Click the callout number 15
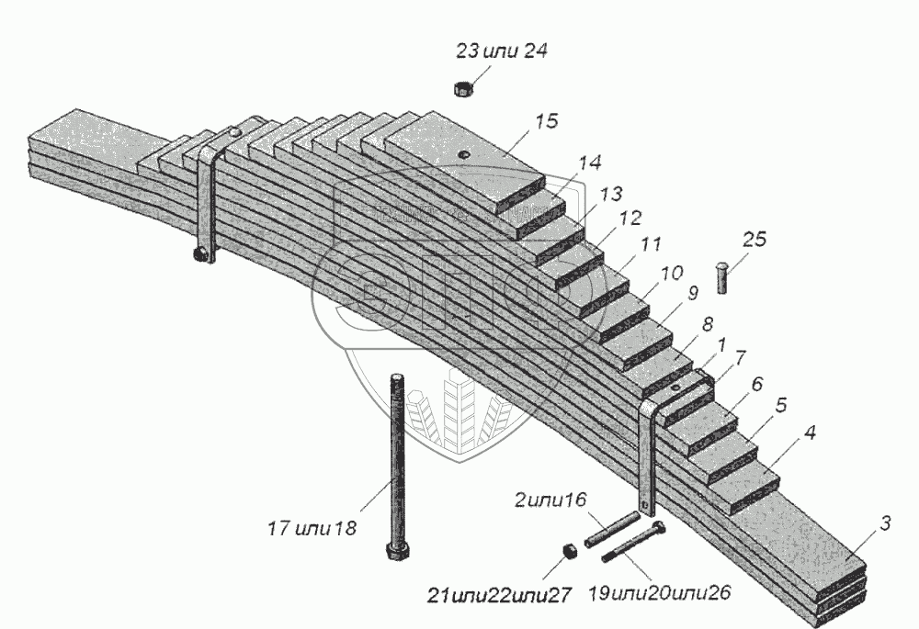pyautogui.click(x=547, y=122)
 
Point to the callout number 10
pyautogui.click(x=671, y=274)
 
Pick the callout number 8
pyautogui.click(x=707, y=324)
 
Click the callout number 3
pyautogui.click(x=884, y=524)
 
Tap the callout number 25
pyautogui.click(x=754, y=241)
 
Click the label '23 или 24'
pyautogui.click(x=501, y=51)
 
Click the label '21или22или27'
pyautogui.click(x=498, y=595)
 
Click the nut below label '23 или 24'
pyautogui.click(x=463, y=88)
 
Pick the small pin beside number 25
pyautogui.click(x=723, y=277)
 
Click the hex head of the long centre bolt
pyautogui.click(x=396, y=554)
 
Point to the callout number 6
pyautogui.click(x=756, y=384)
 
